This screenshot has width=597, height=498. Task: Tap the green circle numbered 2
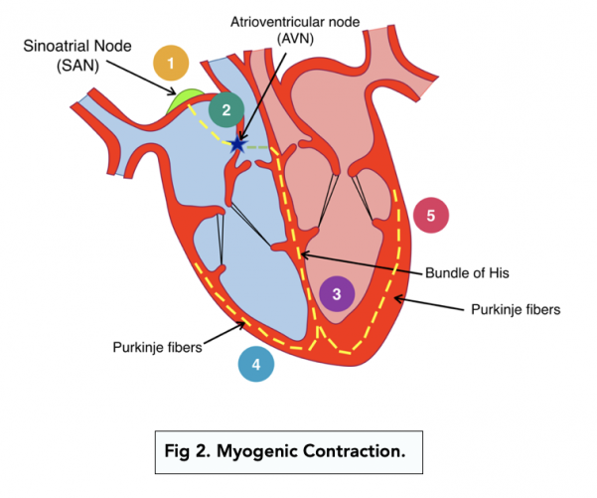tap(226, 109)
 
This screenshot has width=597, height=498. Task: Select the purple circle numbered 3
tap(337, 293)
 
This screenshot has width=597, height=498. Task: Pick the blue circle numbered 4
tap(256, 365)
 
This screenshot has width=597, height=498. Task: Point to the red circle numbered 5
tap(430, 215)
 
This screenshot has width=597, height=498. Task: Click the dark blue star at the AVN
tap(236, 145)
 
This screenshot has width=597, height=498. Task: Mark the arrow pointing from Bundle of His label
tap(363, 263)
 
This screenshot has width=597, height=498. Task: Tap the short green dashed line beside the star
tap(257, 145)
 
